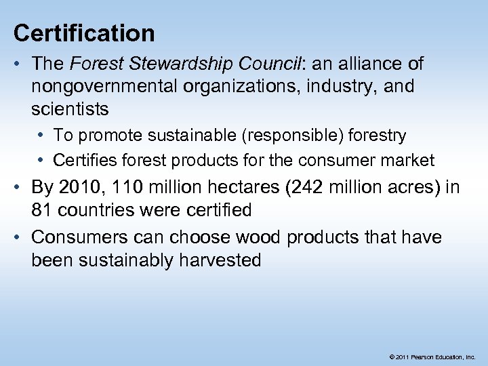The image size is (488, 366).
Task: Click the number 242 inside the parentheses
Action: tap(309, 188)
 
